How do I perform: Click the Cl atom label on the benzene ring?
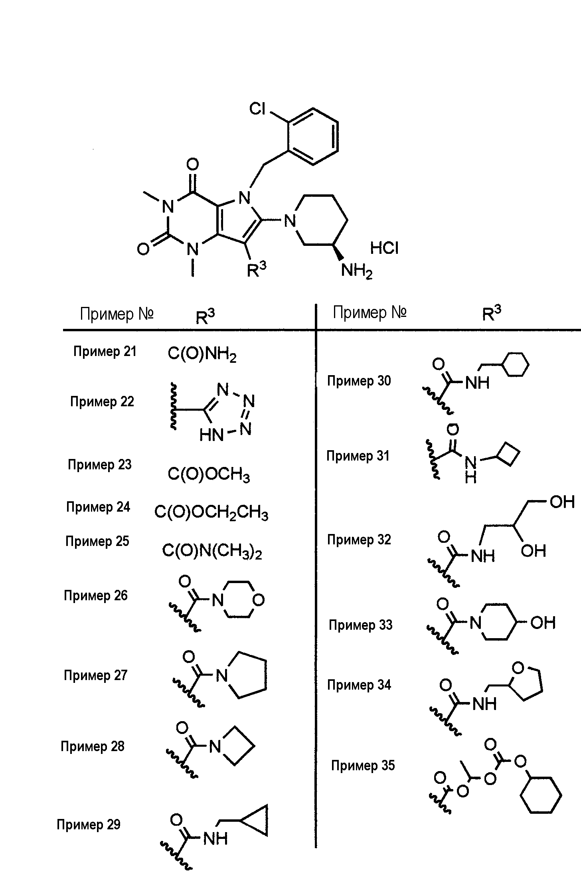point(257,109)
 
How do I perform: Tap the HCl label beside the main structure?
point(384,248)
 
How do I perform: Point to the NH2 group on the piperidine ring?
point(357,271)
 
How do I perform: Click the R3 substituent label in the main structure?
point(256,270)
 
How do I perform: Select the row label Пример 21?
point(105,351)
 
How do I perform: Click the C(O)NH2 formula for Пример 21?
point(202,354)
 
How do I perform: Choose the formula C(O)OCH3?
point(209,475)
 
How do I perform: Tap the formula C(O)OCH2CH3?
point(211,512)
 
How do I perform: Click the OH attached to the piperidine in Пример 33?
point(543,623)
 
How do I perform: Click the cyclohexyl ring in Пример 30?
point(515,364)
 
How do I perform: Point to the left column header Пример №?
point(117,314)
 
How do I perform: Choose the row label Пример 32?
point(359,539)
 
